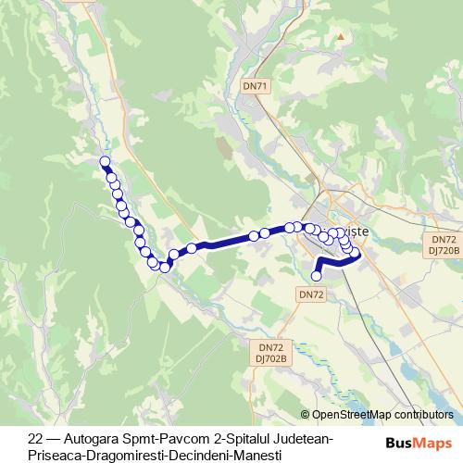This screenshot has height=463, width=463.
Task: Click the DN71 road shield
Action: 256,85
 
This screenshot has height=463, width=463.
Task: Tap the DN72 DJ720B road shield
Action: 442,244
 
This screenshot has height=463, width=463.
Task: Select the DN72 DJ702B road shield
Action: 272,353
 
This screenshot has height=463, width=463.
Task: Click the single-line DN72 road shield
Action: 311,294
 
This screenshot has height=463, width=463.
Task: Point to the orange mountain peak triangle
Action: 342,36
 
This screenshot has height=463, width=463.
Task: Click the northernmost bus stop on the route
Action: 105,162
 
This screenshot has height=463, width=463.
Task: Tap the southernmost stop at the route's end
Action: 317,275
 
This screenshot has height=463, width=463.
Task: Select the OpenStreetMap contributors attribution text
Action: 382,415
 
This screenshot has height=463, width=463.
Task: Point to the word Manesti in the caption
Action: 253,454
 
